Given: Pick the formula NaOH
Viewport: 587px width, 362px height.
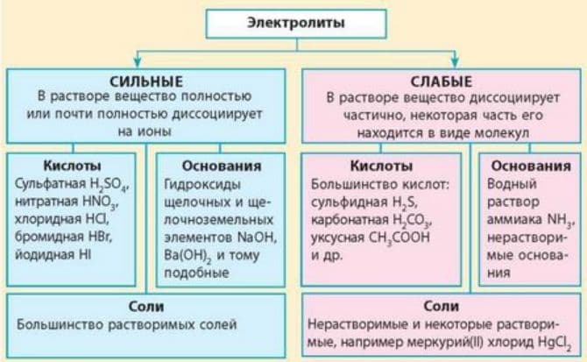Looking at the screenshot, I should pyautogui.click(x=257, y=236).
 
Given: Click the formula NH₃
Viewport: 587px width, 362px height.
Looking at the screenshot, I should pyautogui.click(x=560, y=218).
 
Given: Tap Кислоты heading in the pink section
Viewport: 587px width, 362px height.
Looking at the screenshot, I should pyautogui.click(x=374, y=165).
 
